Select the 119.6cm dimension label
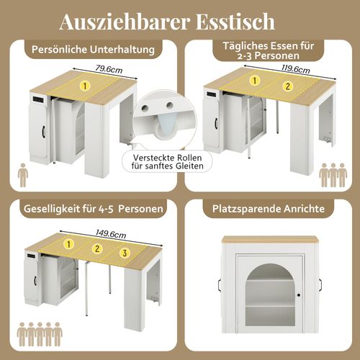pos(296,70)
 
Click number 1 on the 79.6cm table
pos(85,86)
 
